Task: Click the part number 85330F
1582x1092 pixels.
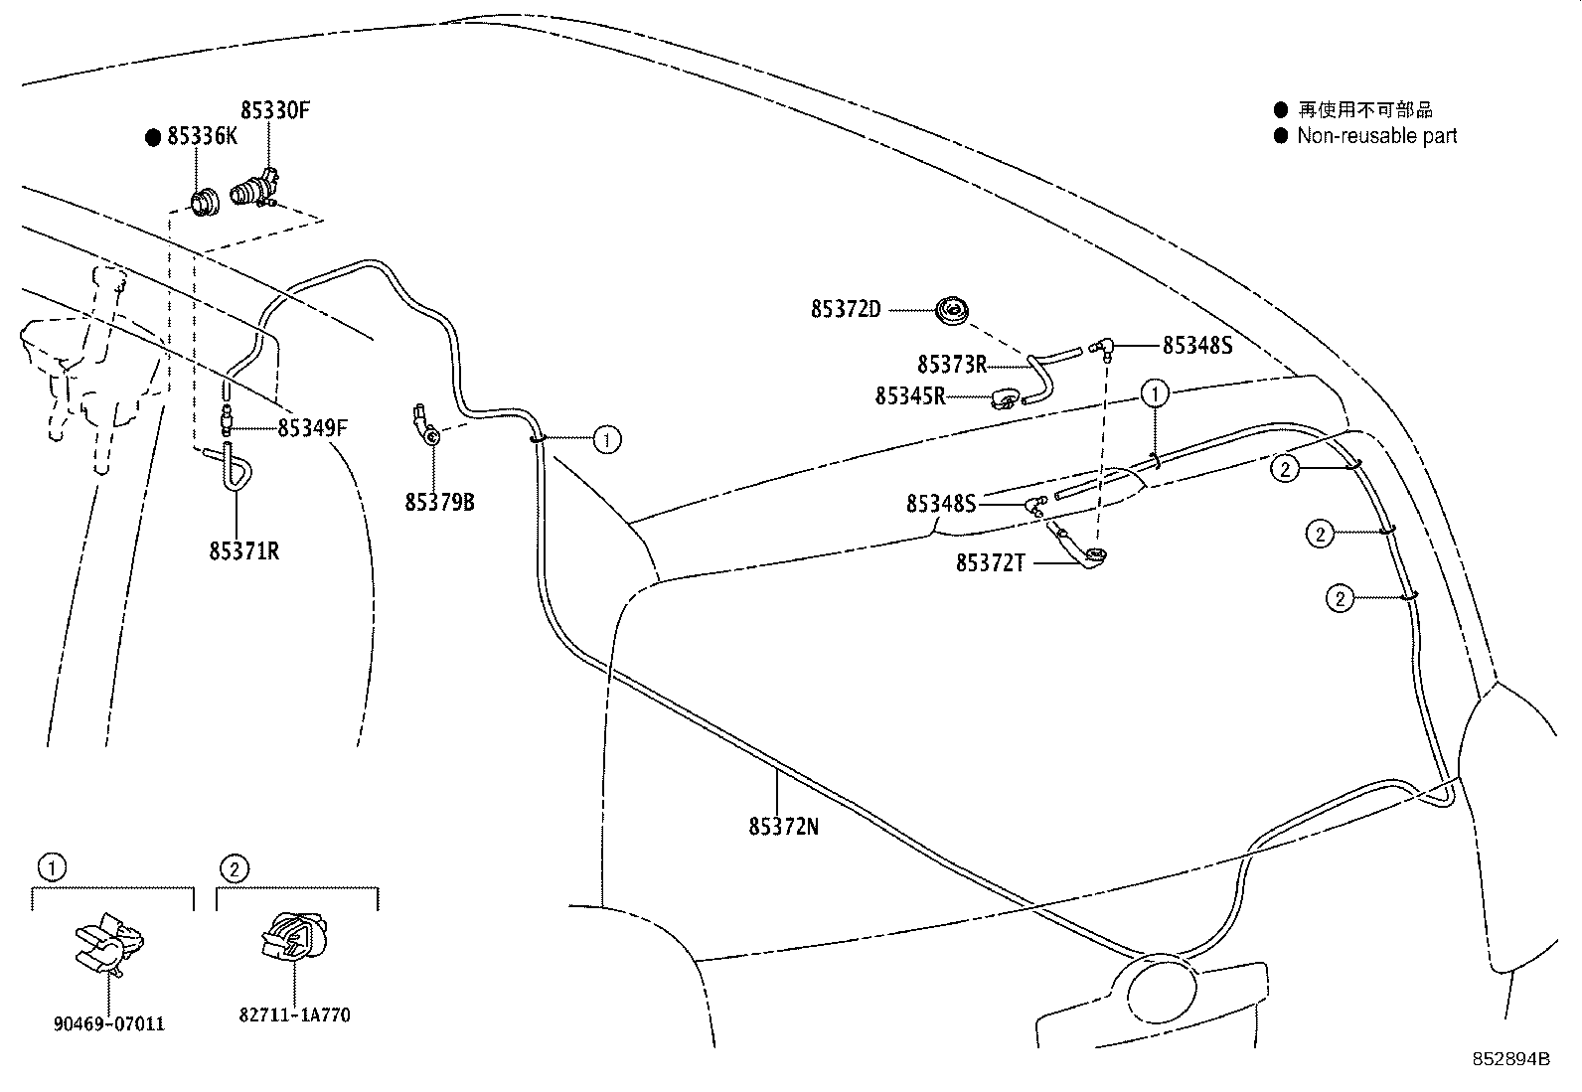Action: point(274,110)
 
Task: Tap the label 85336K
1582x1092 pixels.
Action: point(202,136)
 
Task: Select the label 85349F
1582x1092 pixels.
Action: point(312,428)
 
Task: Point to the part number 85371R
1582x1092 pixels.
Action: point(243,550)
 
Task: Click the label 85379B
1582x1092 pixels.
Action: point(439,502)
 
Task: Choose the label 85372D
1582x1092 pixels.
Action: point(846,309)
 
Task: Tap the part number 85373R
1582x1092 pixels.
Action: point(952,365)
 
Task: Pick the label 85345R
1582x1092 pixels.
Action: point(909,396)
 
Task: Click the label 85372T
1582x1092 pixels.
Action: point(990,563)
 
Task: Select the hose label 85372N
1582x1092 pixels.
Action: point(783,827)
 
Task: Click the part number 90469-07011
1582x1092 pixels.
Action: point(108,1023)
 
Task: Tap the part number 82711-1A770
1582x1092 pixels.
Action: point(294,1015)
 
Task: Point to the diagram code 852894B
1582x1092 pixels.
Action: point(1510,1059)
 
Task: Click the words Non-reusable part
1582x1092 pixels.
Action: point(1376,135)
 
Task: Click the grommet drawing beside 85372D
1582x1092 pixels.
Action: point(952,311)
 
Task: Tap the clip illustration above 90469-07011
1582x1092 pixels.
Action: point(109,944)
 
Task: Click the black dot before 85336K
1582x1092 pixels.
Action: point(153,138)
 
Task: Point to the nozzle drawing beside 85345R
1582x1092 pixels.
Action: point(1005,398)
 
